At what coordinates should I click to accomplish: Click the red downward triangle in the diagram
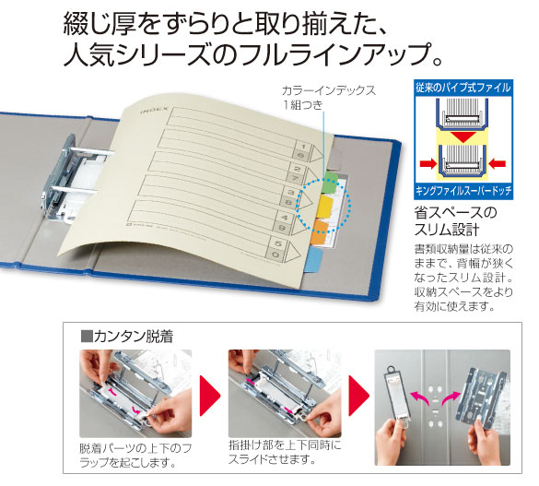[461, 136]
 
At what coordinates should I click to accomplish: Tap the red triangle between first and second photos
[211, 393]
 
